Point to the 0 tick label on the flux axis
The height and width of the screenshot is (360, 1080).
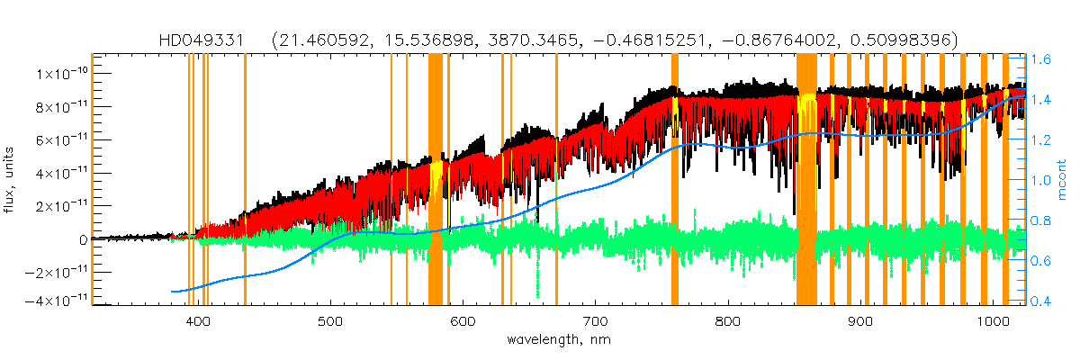[82, 239]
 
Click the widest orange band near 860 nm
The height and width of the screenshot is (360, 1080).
[806, 180]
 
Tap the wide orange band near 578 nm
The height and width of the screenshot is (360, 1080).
[436, 180]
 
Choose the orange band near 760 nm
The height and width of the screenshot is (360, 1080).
[675, 180]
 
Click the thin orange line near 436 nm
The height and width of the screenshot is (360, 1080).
[245, 180]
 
